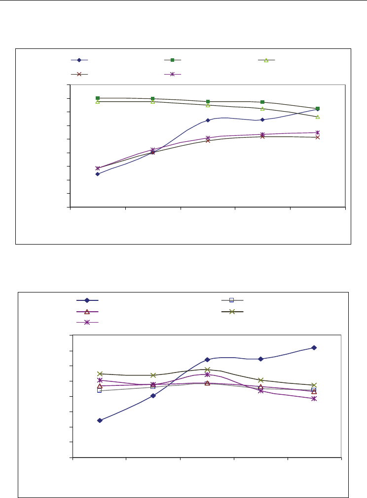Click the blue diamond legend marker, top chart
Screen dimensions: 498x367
click(79, 60)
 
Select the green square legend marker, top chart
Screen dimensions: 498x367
click(173, 60)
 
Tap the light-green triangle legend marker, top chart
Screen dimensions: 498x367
click(266, 60)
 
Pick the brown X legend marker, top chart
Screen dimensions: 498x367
click(79, 74)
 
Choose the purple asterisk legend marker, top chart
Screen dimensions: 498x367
click(173, 74)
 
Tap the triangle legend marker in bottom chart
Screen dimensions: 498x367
click(87, 311)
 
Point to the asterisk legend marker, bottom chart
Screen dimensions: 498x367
click(87, 322)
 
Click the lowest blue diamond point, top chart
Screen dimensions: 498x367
click(98, 174)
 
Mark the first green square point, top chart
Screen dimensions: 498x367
click(98, 98)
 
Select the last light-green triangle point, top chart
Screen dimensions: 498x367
click(318, 117)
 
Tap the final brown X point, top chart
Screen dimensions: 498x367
click(318, 137)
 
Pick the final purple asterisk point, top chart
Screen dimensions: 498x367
click(318, 132)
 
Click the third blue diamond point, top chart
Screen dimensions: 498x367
click(208, 120)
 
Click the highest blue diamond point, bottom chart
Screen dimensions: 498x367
click(314, 348)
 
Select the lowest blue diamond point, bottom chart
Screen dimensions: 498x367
click(100, 420)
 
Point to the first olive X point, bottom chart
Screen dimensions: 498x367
click(100, 373)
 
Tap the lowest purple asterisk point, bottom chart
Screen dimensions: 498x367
click(314, 398)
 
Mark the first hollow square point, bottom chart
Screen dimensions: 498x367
click(100, 390)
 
